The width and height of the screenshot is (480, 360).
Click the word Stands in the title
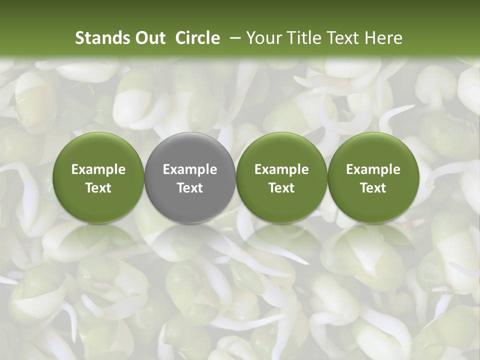point(101,38)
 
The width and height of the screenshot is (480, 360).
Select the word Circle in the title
point(197,38)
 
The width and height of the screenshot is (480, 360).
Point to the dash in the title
point(233,38)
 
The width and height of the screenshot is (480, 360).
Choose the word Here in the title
point(383,38)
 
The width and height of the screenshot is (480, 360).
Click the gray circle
point(190,200)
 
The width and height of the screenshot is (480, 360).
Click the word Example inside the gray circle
point(190,169)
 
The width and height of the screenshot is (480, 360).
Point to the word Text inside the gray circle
point(190,188)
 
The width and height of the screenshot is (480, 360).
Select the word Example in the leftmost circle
point(98,169)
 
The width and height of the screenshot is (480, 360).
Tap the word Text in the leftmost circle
point(98,188)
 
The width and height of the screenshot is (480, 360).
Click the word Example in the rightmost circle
point(373,169)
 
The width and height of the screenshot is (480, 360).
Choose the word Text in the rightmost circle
point(373,188)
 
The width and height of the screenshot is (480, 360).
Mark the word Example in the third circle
point(281,169)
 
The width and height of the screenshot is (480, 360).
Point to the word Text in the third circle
point(281,188)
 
